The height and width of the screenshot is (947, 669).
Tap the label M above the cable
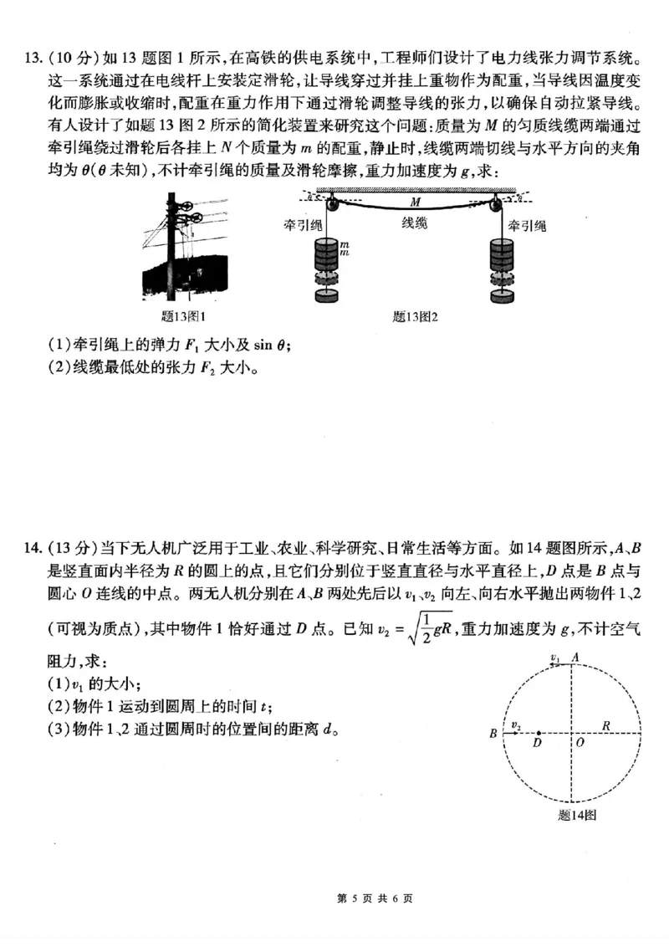click(x=416, y=202)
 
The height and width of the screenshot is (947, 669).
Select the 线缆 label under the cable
click(x=415, y=223)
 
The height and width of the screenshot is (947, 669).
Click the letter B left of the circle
click(x=494, y=735)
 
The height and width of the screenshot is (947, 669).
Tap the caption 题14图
click(x=576, y=816)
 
